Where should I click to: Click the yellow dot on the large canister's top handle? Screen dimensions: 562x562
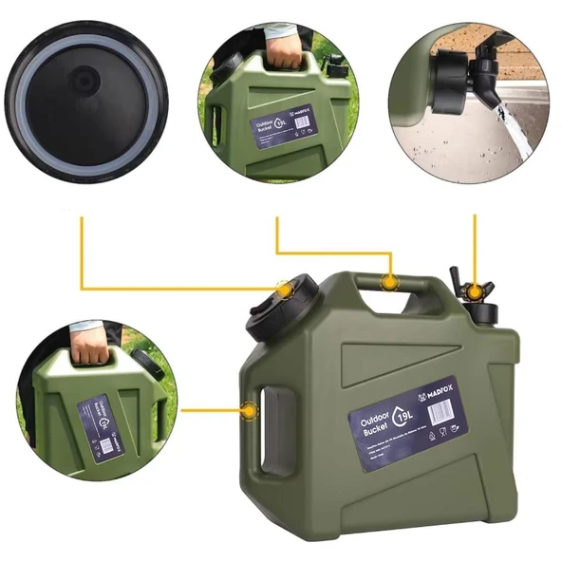[388, 281]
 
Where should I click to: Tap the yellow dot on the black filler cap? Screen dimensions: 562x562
[282, 288]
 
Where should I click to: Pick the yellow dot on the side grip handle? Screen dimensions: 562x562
[249, 411]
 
